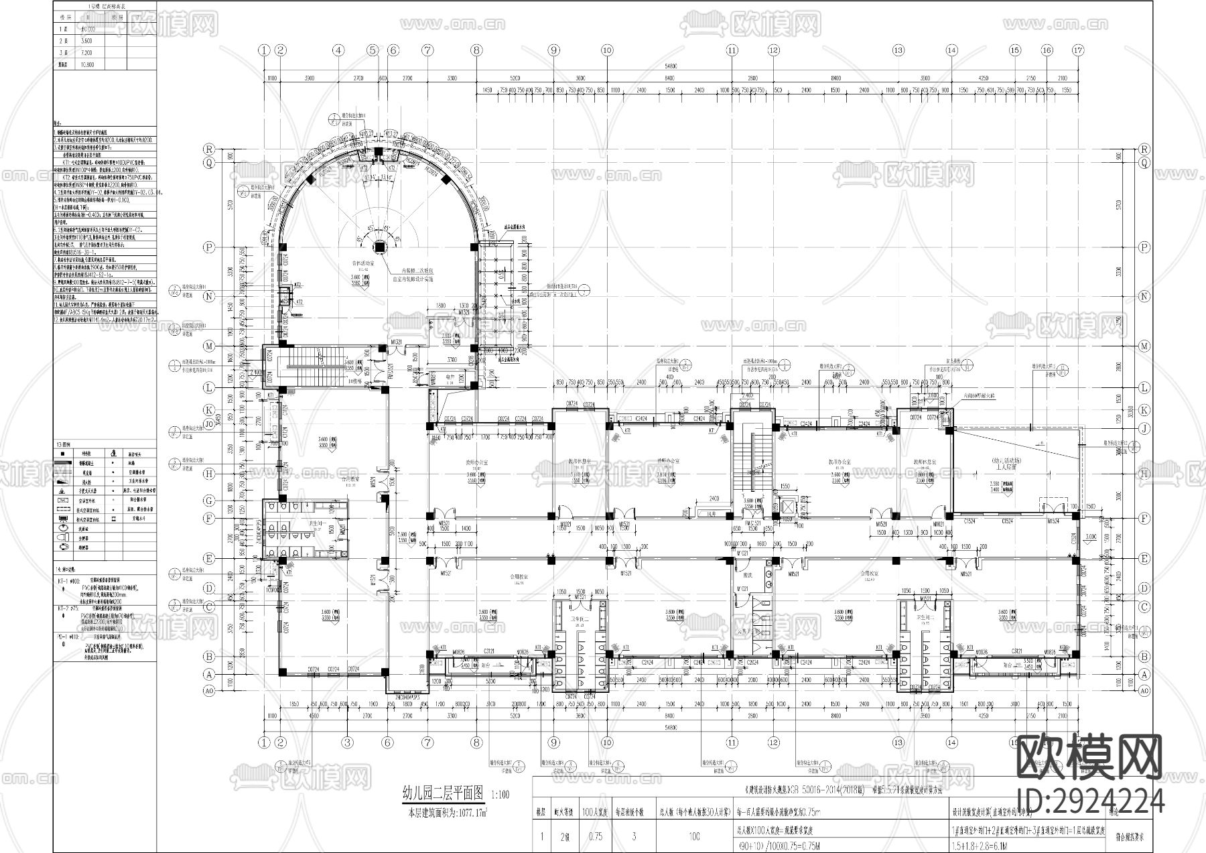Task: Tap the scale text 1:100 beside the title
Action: pyautogui.click(x=500, y=797)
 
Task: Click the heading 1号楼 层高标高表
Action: pyautogui.click(x=105, y=5)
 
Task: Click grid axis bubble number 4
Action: pyautogui.click(x=339, y=50)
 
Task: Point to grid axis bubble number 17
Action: pyautogui.click(x=1078, y=50)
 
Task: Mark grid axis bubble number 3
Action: pyautogui.click(x=347, y=742)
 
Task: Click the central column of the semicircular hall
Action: pyautogui.click(x=379, y=245)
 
